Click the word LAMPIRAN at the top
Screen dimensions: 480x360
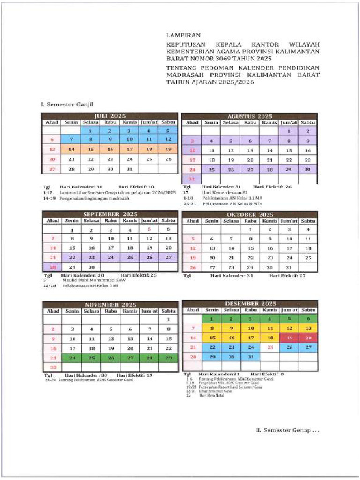click(183, 35)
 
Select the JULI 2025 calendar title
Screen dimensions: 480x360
click(110, 116)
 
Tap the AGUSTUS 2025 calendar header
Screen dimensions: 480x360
click(249, 116)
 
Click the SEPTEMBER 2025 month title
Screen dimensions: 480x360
click(110, 214)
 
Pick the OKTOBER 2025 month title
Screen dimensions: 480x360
click(249, 214)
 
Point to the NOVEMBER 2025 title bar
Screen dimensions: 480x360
click(110, 305)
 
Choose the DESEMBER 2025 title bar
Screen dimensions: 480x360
click(249, 304)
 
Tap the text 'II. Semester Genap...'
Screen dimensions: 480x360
click(287, 430)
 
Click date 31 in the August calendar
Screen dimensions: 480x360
click(192, 179)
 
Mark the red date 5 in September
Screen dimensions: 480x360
click(149, 229)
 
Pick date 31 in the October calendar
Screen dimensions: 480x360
click(289, 267)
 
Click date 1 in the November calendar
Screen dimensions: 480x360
click(168, 320)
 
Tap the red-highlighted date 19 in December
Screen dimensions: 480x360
click(289, 337)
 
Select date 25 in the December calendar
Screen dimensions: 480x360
click(270, 347)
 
